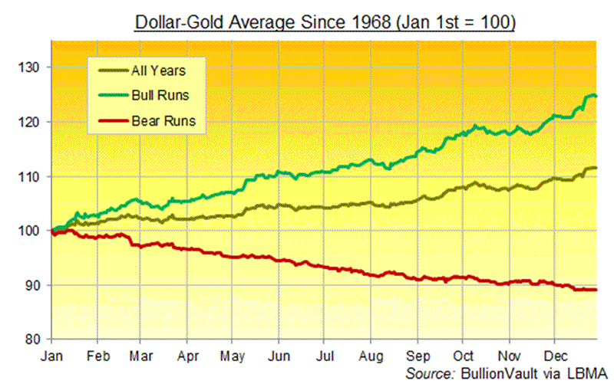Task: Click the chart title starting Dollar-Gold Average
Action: click(325, 21)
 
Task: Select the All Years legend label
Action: click(158, 72)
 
